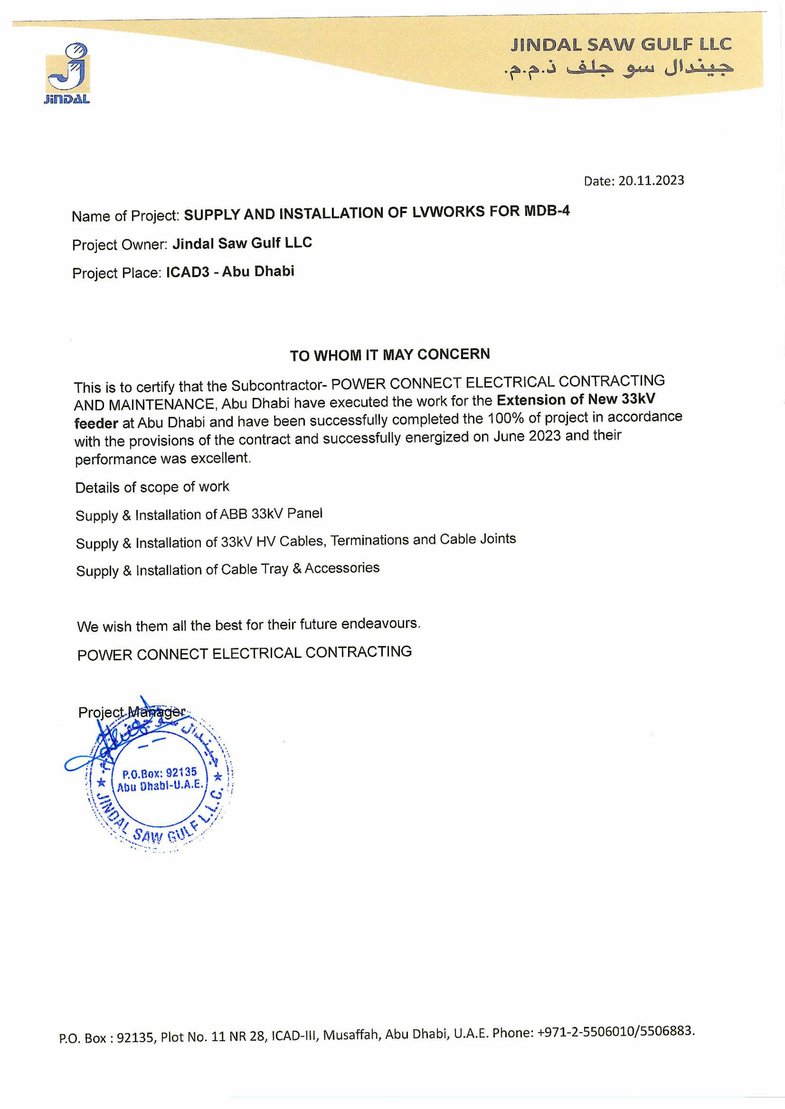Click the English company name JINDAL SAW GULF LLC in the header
coord(621,45)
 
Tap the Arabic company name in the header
coord(619,69)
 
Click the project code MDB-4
coord(547,211)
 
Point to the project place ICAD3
coord(188,272)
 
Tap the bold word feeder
coord(96,423)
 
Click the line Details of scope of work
coord(152,487)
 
